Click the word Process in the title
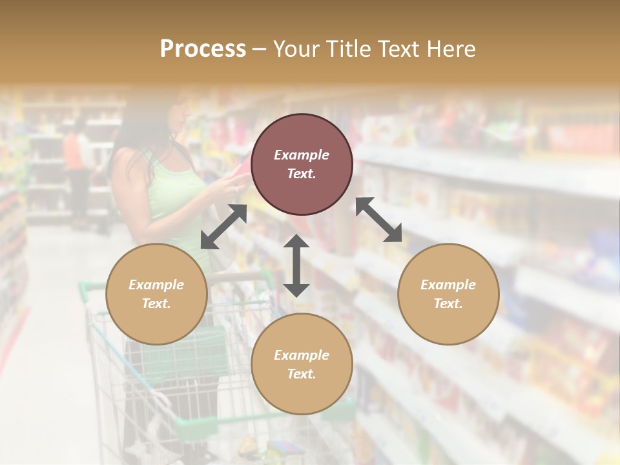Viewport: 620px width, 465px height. click(x=203, y=49)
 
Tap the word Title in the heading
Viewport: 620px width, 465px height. click(x=348, y=49)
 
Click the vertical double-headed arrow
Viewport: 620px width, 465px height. click(x=296, y=265)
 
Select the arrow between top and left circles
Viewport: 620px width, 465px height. click(x=223, y=227)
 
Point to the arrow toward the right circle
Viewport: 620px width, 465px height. click(x=378, y=220)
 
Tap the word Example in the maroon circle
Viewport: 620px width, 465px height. click(x=302, y=155)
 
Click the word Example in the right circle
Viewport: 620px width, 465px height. click(x=448, y=285)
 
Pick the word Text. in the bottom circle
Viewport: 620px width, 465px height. click(x=302, y=374)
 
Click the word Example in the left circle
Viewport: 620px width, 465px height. click(x=156, y=285)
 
